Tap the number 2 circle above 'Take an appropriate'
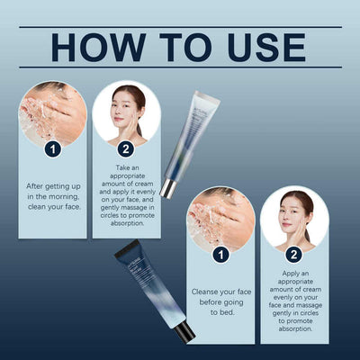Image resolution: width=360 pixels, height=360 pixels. (125, 149)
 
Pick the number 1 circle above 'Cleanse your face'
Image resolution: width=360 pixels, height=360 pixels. (220, 255)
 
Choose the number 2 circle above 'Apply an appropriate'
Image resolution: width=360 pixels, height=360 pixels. (293, 255)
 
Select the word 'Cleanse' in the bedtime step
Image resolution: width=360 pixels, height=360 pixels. (209, 291)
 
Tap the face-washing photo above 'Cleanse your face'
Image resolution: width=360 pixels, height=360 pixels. (220, 218)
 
